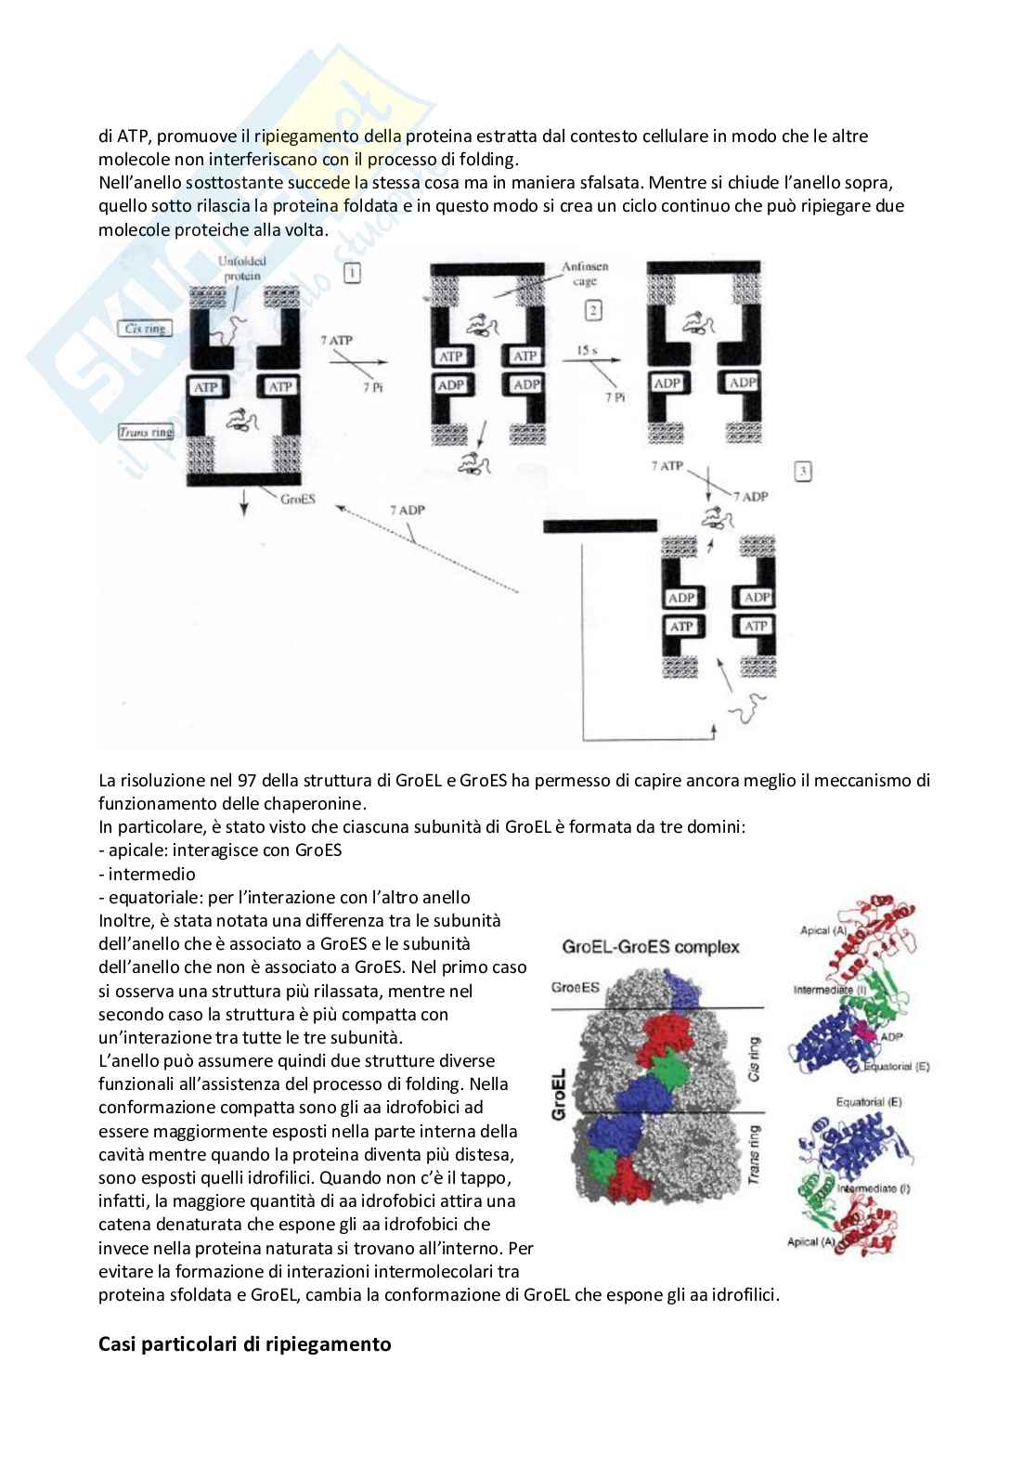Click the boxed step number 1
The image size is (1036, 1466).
[x=352, y=273]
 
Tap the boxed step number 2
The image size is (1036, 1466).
[x=594, y=310]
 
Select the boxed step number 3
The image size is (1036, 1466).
[x=803, y=472]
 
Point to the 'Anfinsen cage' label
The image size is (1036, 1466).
[x=585, y=274]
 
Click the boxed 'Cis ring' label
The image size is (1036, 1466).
[x=145, y=328]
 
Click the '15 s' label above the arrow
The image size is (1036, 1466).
[x=587, y=351]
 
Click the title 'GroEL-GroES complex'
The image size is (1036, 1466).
[x=650, y=947]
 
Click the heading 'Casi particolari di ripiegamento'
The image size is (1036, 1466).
[x=244, y=1343]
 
